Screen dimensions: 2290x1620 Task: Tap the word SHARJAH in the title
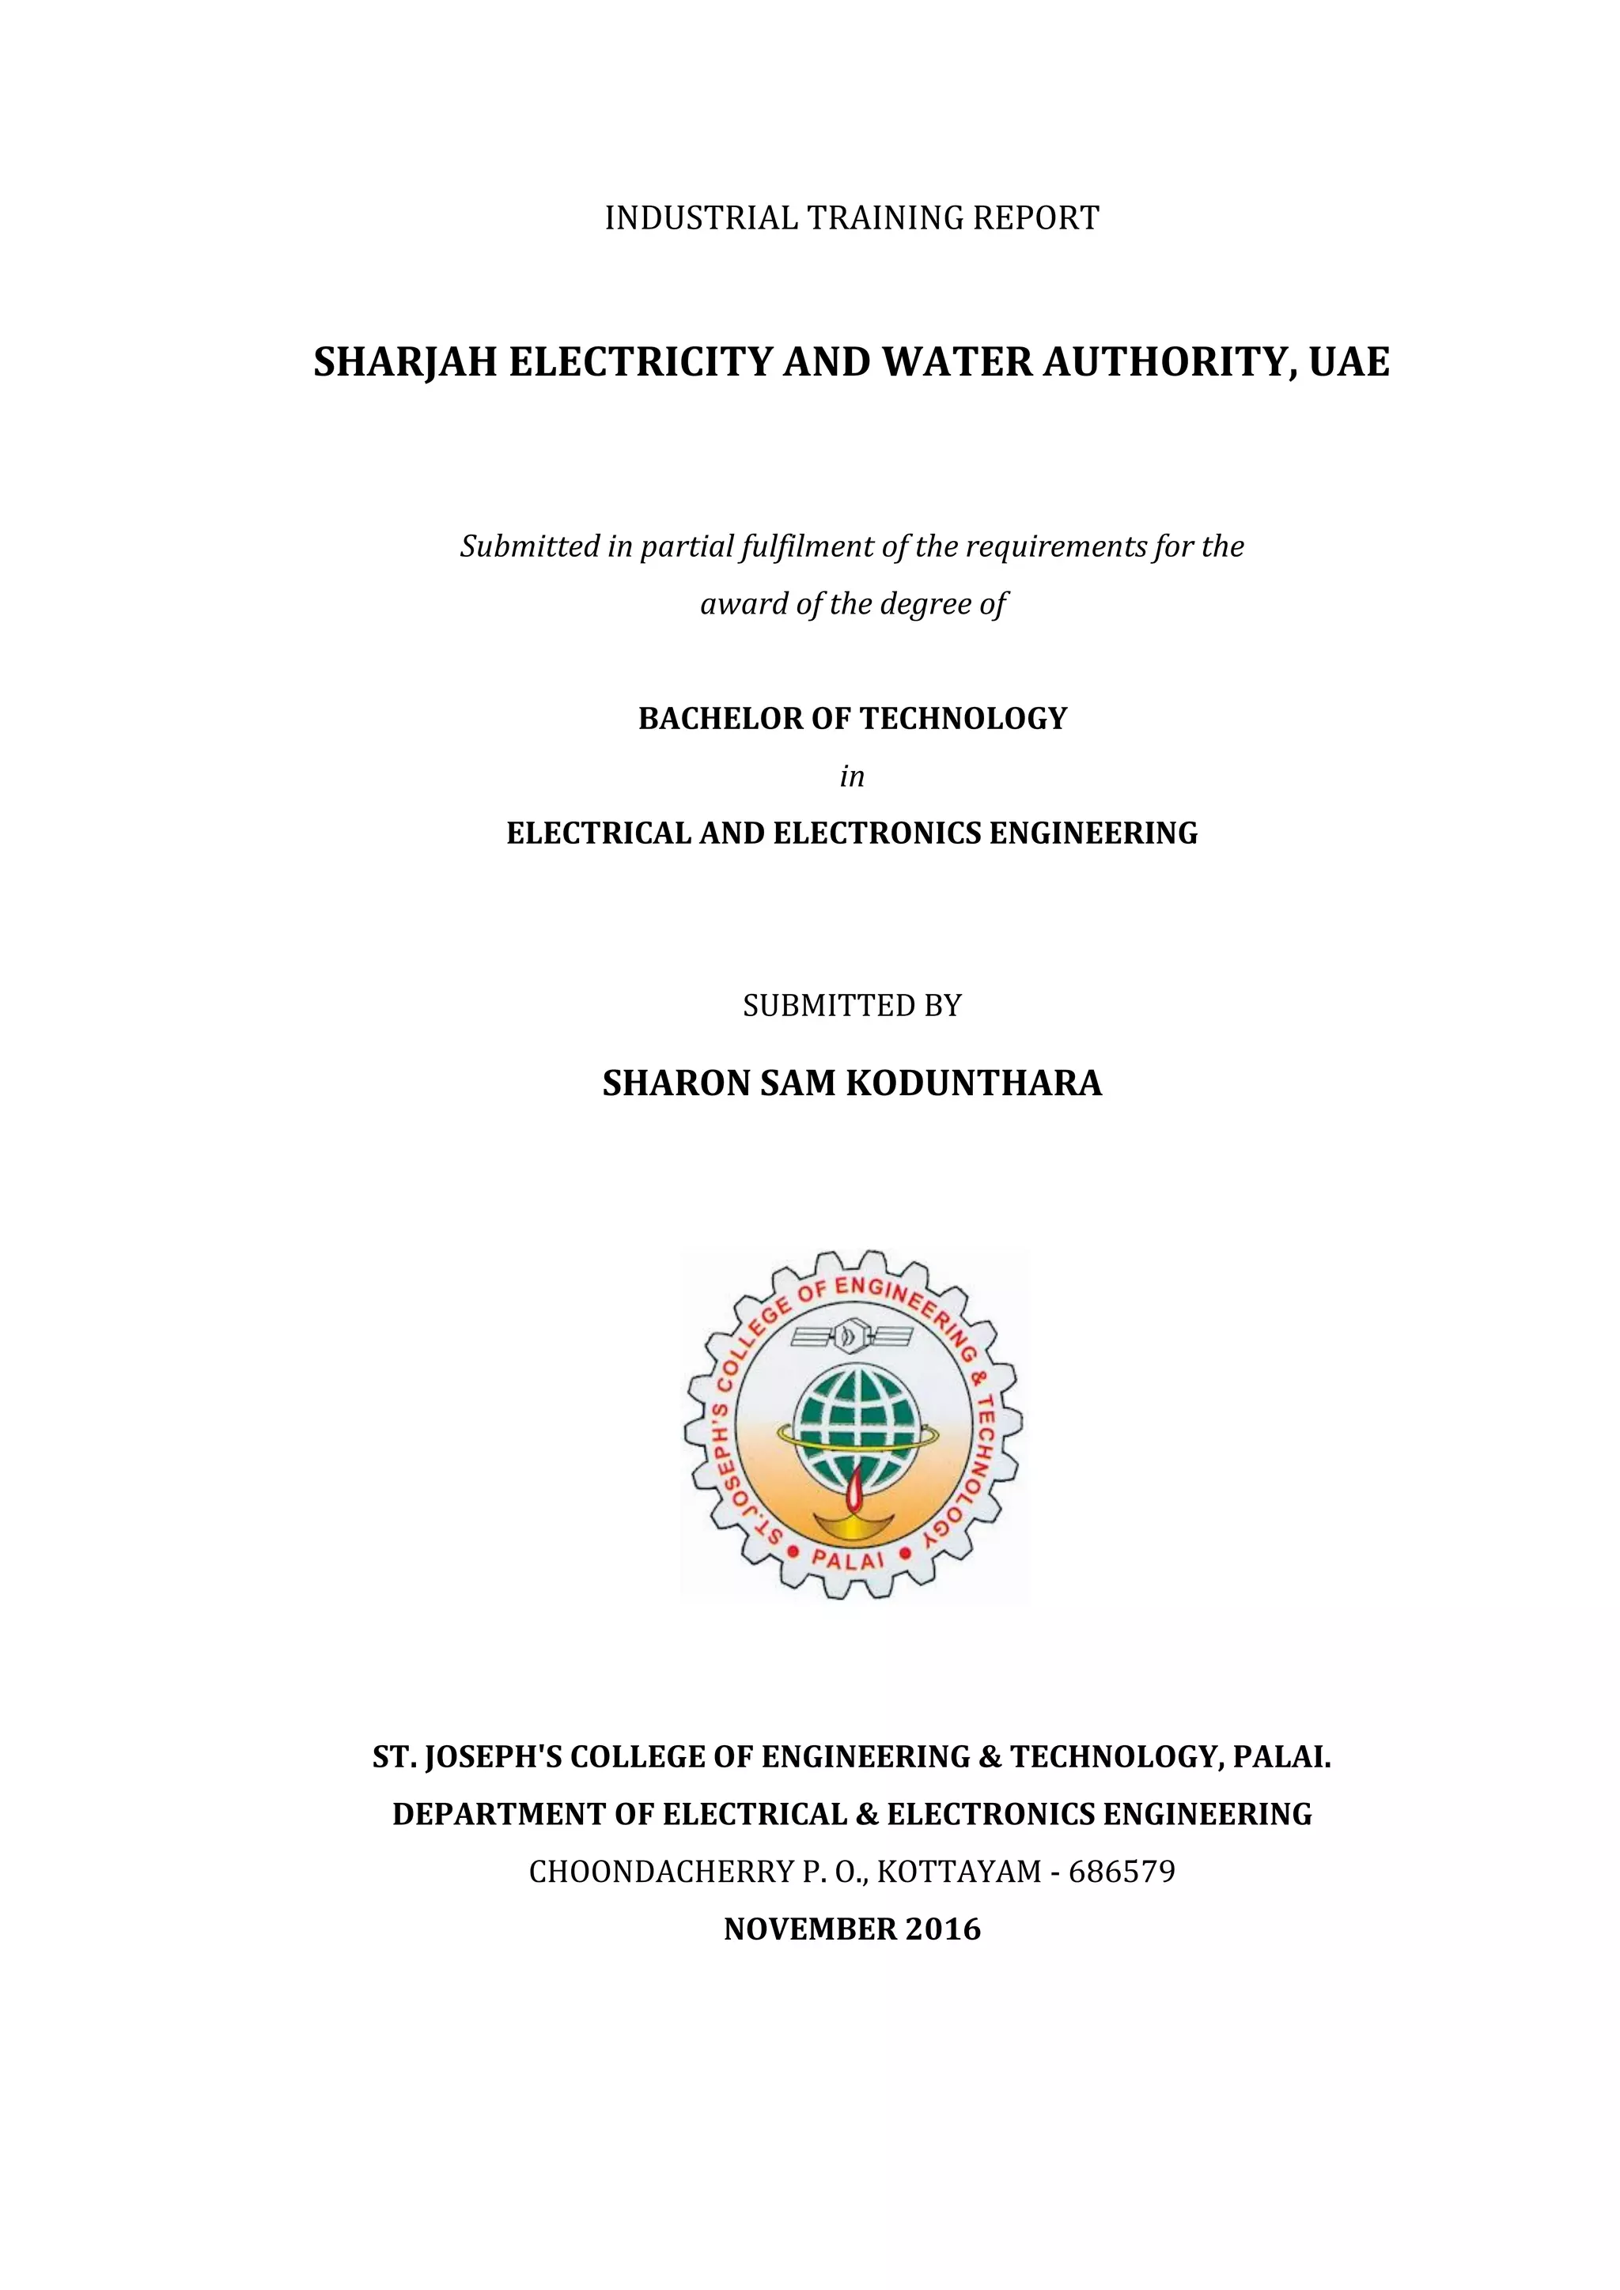tap(405, 362)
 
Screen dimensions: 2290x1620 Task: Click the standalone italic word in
tap(851, 776)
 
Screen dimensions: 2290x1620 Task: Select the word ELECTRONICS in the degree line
tap(876, 833)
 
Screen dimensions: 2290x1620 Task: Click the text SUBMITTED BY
tap(852, 1005)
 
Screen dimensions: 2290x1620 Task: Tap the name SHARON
tap(676, 1083)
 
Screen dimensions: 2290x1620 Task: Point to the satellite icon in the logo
tap(851, 1333)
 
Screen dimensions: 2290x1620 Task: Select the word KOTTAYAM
tap(959, 1871)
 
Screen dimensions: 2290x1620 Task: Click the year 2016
tap(943, 1929)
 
